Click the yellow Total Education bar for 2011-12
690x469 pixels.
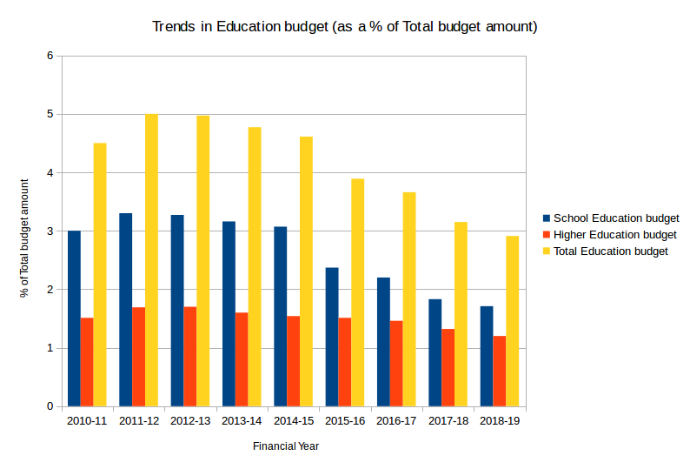point(151,260)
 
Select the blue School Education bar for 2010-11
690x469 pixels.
point(74,318)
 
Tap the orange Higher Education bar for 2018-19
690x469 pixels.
point(499,371)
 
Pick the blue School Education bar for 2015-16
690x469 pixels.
point(332,337)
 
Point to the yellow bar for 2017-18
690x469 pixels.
point(461,314)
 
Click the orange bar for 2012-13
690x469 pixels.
point(190,357)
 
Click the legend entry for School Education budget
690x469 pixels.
point(615,218)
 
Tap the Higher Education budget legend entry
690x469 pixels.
point(614,235)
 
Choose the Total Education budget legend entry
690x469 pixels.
point(610,251)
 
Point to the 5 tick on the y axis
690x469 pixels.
point(50,114)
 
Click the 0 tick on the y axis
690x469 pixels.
point(50,406)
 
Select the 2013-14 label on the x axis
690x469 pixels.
point(241,421)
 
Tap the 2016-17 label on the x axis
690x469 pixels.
point(395,421)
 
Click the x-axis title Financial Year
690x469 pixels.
point(286,446)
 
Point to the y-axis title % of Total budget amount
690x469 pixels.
point(24,236)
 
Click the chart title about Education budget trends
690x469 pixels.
point(345,27)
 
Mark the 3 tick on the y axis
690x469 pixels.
point(50,231)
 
